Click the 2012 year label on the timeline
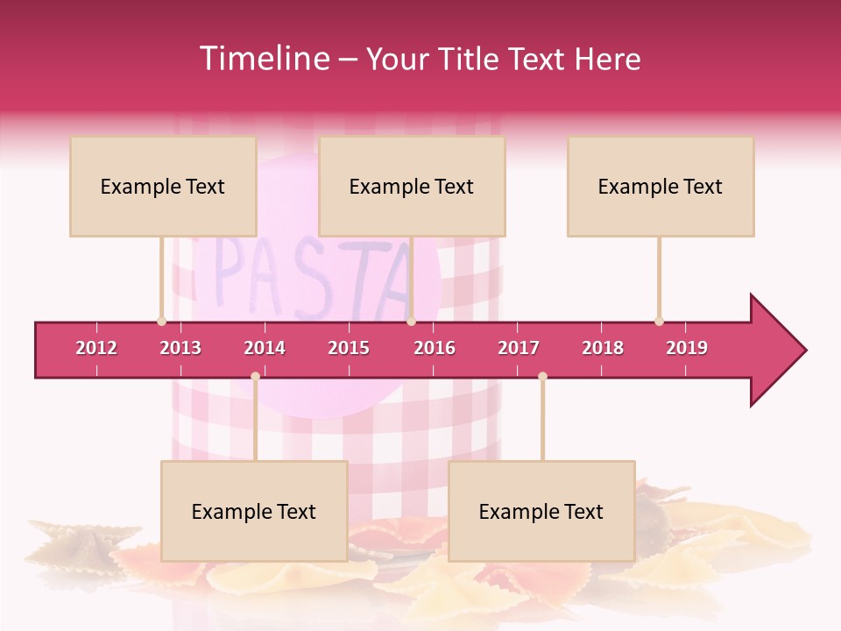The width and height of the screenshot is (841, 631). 96,348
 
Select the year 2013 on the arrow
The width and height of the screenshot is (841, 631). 180,348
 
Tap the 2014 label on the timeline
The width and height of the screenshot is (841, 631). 265,348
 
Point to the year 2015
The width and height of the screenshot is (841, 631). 349,348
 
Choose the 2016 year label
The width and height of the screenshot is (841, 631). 435,348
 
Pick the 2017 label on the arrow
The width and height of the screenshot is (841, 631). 519,348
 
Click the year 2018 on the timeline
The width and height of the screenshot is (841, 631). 603,348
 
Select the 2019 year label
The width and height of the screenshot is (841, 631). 687,348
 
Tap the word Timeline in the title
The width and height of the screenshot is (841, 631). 264,59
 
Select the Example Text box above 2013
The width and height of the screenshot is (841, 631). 163,186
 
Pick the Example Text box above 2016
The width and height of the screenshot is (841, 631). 412,186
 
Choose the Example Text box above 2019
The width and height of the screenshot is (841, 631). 661,186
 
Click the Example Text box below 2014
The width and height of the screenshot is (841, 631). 254,511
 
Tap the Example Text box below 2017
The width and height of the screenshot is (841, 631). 541,511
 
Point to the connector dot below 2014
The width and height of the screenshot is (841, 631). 255,376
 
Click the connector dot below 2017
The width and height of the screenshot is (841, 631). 542,376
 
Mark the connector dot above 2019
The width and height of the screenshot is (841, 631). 659,321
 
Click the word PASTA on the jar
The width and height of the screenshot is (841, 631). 311,276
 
